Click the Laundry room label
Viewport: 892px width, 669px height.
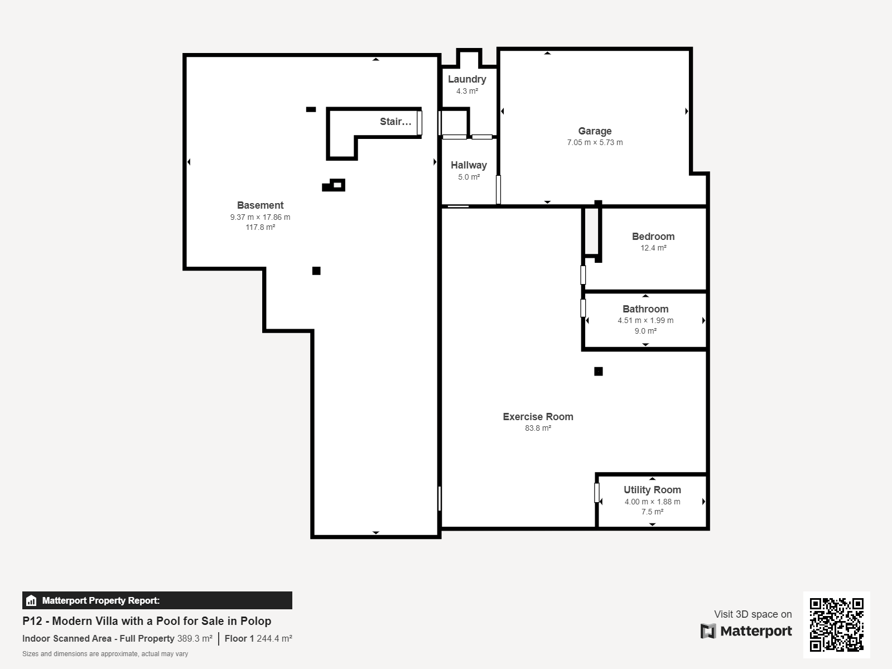point(467,79)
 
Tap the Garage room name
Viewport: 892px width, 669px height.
point(595,131)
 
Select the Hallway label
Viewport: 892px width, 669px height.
point(469,165)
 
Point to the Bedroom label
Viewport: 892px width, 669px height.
point(653,237)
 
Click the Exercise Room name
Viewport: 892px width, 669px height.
point(538,417)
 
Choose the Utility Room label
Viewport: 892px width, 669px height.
point(652,490)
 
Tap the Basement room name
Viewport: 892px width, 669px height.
point(260,205)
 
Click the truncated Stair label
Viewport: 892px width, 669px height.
point(396,122)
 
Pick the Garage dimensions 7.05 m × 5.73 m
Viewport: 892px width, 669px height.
point(595,143)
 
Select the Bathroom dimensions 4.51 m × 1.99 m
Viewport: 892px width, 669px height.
point(645,321)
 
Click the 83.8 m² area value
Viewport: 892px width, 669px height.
point(538,428)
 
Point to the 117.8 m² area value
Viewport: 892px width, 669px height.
point(260,228)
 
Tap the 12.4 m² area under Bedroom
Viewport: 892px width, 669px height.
point(653,248)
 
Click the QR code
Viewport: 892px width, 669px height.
point(836,625)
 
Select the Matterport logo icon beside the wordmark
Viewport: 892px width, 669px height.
point(708,631)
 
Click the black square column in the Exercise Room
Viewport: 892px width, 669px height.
point(598,372)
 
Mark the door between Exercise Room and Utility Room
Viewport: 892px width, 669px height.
point(596,493)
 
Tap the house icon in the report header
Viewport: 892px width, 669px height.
point(31,601)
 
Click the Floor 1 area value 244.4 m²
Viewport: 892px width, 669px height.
point(274,638)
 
